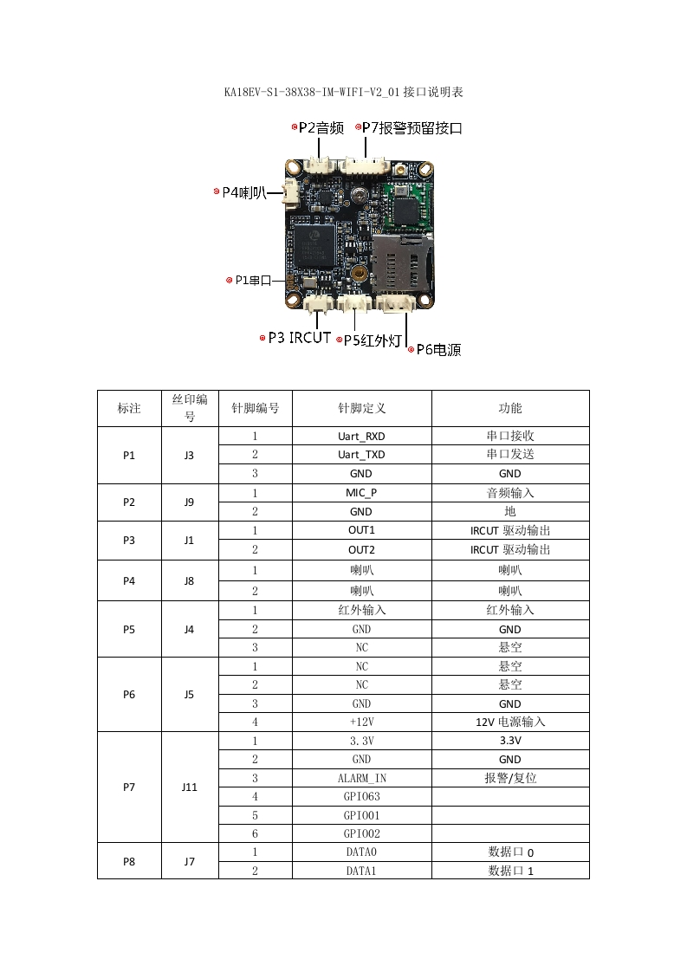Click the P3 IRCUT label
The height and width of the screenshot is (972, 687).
pos(298,338)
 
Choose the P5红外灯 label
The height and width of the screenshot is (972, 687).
pos(373,340)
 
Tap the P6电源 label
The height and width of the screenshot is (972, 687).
pos(438,350)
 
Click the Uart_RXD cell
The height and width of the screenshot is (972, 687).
pos(361,436)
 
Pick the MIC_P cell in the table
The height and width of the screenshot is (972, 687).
pos(361,493)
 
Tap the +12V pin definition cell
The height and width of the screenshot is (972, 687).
pos(361,722)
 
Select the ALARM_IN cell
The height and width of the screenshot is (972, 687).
pos(361,778)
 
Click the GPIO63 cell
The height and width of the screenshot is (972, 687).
pos(361,796)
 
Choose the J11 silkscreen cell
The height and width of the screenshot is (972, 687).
pos(190,787)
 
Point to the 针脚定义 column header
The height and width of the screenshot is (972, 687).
pos(361,408)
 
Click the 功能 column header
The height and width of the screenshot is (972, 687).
pos(509,408)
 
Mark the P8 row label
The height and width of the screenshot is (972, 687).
pos(129,861)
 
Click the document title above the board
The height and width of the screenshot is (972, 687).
pos(343,92)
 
